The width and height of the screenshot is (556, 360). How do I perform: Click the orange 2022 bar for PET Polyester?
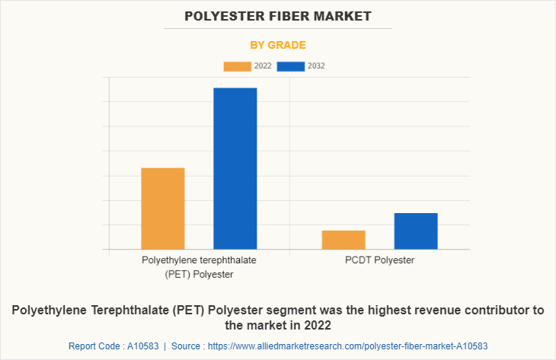[163, 209]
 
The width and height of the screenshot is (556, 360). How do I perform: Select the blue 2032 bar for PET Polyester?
[235, 168]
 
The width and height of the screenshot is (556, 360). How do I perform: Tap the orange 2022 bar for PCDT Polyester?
[344, 240]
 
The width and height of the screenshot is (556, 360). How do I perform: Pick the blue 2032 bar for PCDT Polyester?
[416, 231]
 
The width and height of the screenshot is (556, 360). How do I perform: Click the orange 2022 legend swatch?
[237, 66]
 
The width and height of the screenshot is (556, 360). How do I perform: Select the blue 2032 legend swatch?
[291, 66]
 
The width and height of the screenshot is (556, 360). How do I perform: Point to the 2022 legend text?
[262, 66]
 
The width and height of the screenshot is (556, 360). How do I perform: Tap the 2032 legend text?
[316, 66]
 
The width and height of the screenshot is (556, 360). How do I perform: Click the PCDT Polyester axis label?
[379, 260]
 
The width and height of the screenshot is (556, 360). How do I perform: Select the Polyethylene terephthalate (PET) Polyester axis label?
[199, 267]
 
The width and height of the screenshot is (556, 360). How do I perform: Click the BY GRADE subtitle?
[278, 45]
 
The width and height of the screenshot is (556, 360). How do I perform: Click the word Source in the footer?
[186, 346]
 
